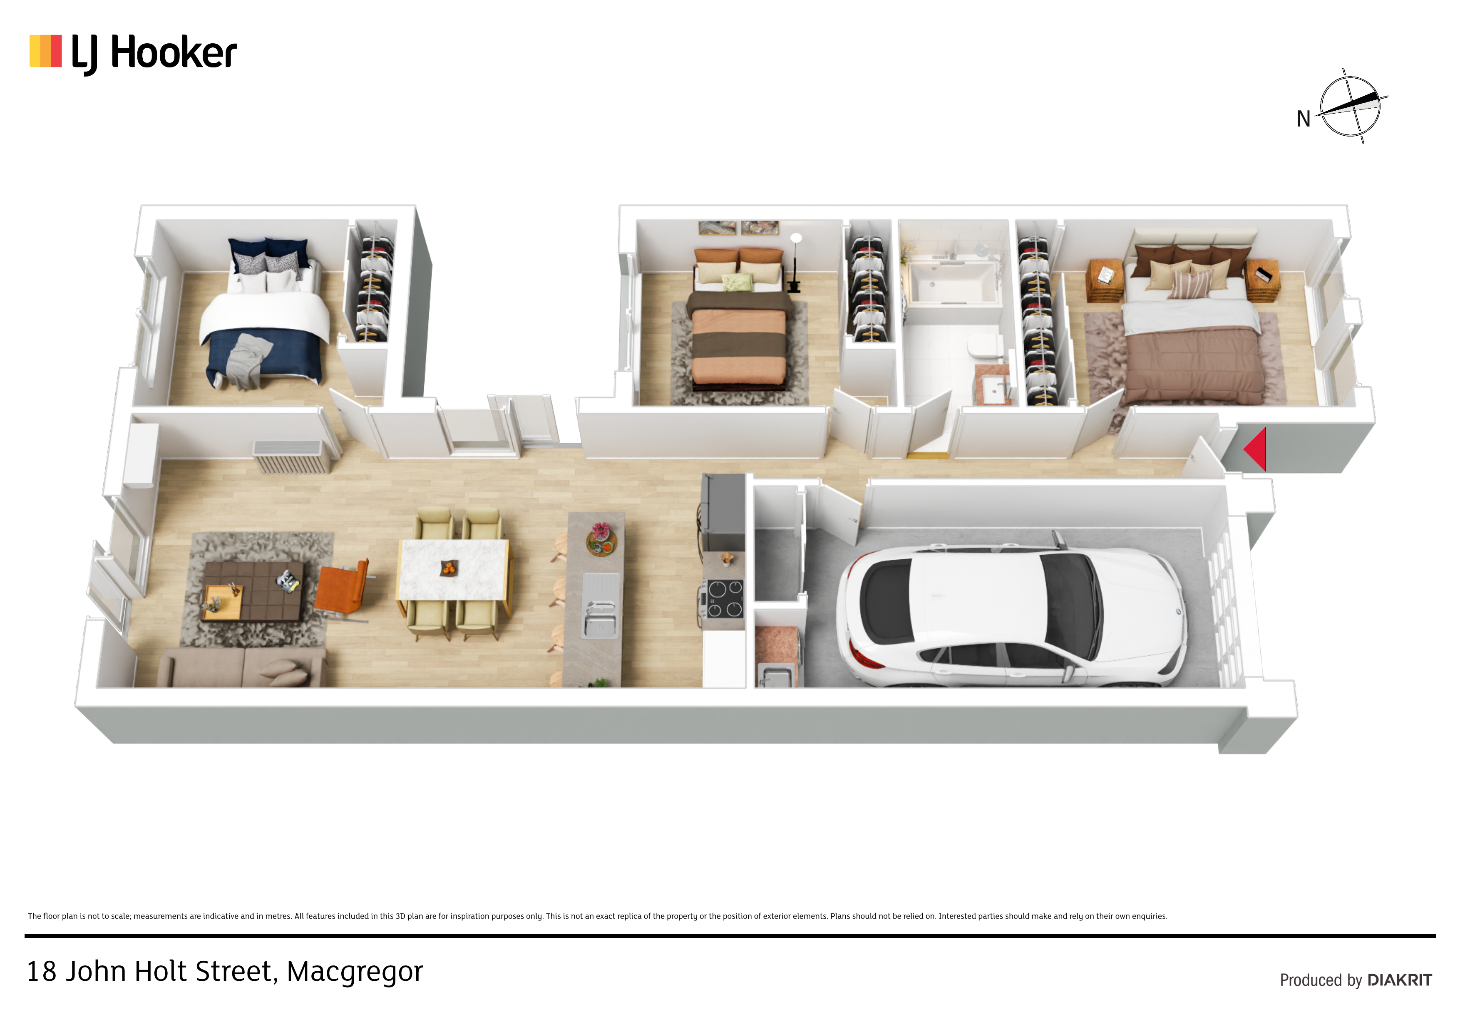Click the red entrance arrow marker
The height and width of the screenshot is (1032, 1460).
[x=1256, y=449]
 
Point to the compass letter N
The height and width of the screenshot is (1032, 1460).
[x=1304, y=119]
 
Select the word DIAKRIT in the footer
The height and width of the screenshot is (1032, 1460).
[x=1400, y=980]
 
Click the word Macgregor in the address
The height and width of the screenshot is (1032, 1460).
[x=355, y=972]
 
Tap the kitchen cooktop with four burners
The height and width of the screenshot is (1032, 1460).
[x=724, y=598]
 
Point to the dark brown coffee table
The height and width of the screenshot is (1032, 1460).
[x=253, y=591]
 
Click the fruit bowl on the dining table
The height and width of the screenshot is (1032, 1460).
[x=449, y=567]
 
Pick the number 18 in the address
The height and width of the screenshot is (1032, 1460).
[x=41, y=972]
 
